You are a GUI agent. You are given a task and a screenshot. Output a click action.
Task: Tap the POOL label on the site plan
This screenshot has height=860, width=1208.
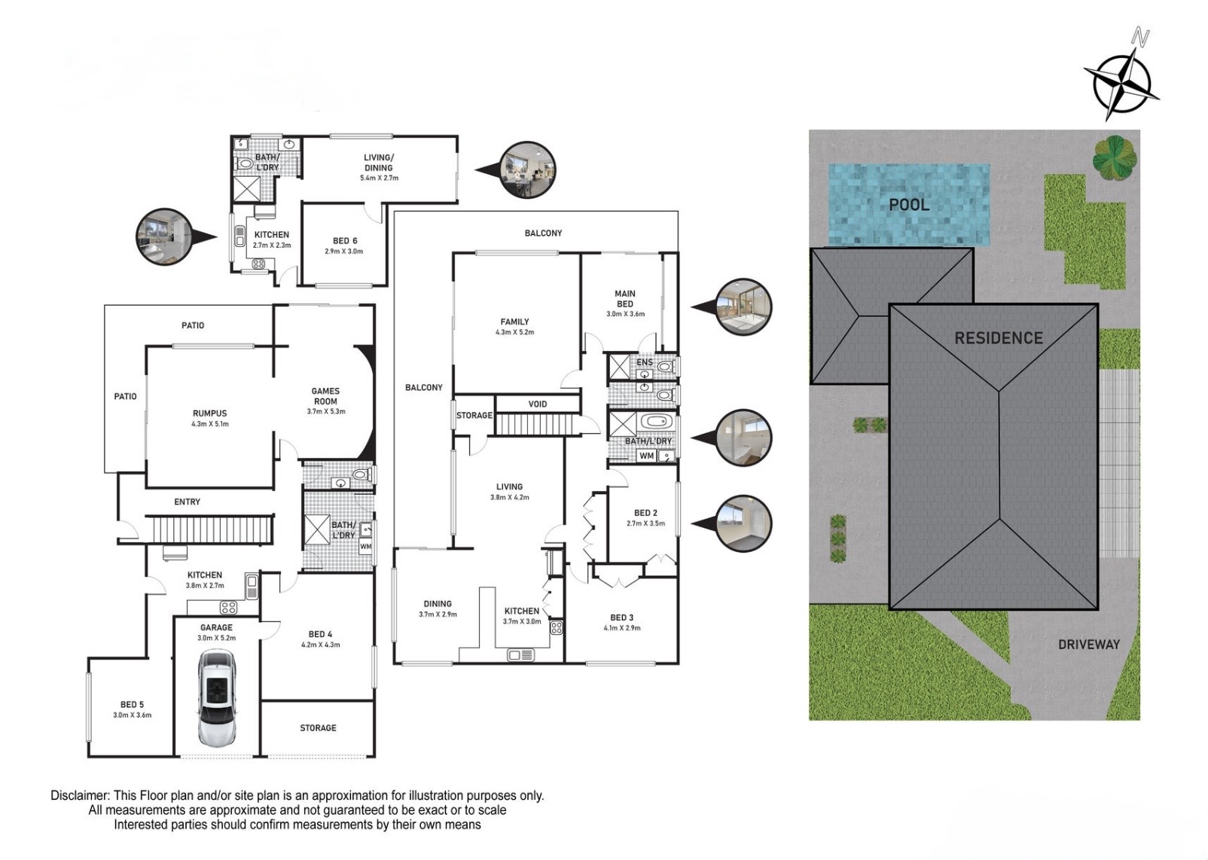[909, 205]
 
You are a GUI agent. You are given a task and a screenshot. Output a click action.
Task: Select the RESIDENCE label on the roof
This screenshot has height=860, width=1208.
[998, 338]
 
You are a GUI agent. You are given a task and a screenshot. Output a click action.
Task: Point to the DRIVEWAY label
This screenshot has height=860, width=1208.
[1089, 645]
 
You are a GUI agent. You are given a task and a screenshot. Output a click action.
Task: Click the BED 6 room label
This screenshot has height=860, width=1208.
[345, 240]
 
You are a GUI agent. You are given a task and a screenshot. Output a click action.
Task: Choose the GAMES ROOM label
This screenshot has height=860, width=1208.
[325, 396]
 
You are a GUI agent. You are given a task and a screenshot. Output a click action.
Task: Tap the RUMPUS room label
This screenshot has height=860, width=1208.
[210, 413]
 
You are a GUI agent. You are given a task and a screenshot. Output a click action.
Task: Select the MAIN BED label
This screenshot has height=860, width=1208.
[624, 299]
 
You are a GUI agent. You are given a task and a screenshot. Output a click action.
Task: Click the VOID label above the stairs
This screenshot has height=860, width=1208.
[537, 404]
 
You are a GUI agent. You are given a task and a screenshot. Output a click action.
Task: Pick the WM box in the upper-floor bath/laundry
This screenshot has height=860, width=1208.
[647, 456]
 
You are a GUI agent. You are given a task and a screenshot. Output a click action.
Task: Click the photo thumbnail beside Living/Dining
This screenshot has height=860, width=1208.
[527, 170]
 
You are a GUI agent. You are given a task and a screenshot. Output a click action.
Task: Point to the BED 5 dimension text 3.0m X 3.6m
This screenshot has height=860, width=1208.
[132, 715]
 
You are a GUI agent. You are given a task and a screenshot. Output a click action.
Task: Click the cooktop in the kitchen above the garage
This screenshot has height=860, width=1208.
[228, 608]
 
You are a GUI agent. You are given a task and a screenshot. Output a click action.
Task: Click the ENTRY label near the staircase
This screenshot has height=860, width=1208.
[187, 502]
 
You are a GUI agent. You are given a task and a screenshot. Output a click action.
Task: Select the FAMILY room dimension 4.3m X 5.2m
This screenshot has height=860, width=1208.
[514, 332]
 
